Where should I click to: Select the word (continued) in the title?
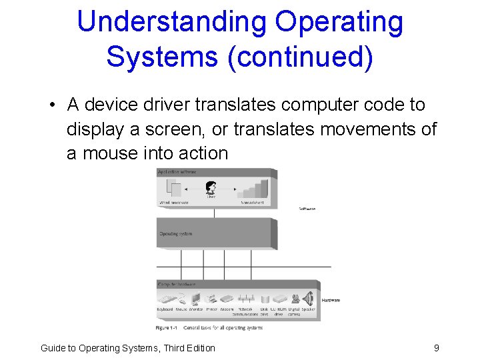click(x=300, y=57)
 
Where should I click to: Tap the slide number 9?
click(x=436, y=347)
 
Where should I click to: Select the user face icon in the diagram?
click(x=211, y=188)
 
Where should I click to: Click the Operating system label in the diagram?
click(x=176, y=234)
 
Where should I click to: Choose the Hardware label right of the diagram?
click(x=331, y=300)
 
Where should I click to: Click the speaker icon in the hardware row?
click(x=308, y=298)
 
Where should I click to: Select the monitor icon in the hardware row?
click(x=196, y=299)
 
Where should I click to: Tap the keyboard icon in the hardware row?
click(x=165, y=299)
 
